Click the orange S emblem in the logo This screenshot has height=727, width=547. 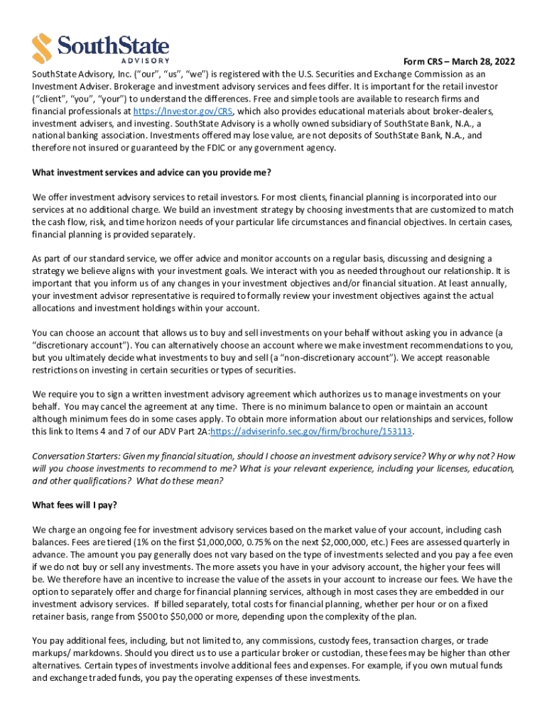click(43, 47)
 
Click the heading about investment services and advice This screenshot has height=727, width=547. click(152, 173)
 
